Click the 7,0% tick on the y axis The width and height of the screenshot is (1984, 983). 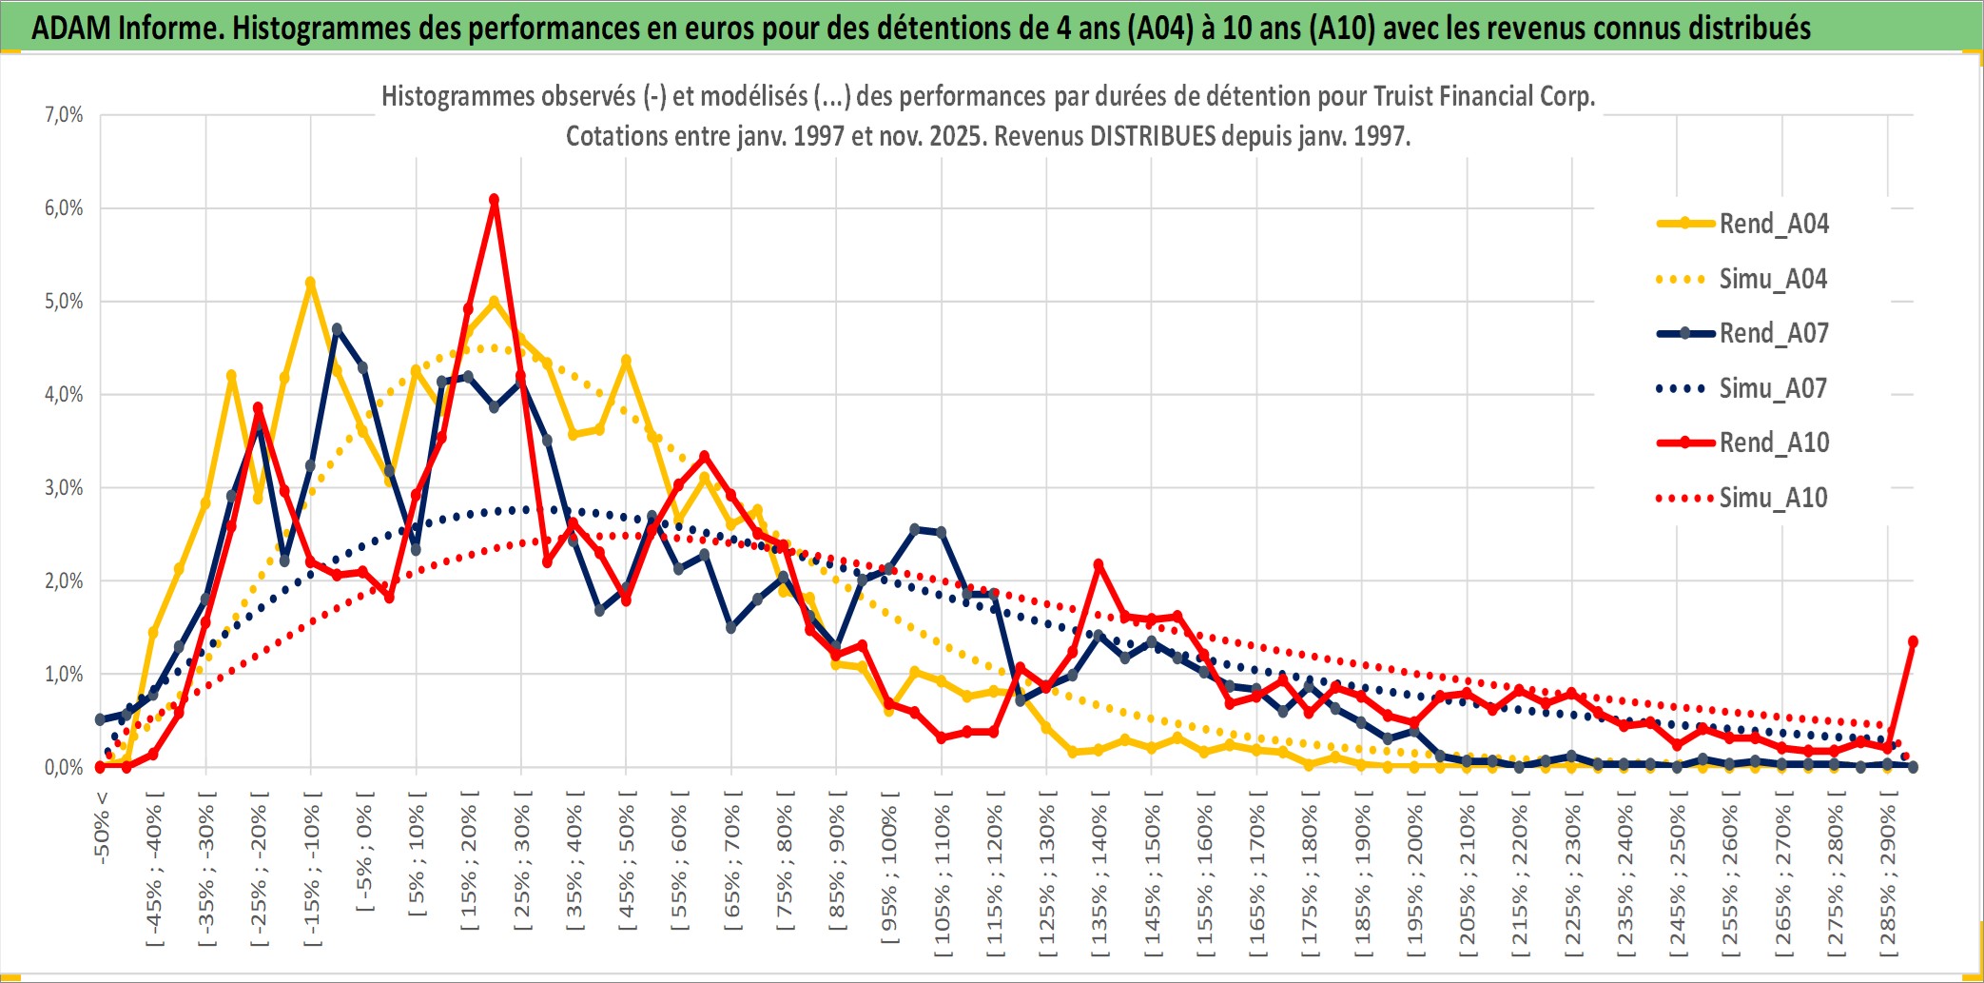[x=64, y=115]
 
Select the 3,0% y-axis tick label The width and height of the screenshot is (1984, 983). [x=64, y=488]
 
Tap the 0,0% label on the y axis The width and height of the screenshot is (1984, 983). [x=64, y=768]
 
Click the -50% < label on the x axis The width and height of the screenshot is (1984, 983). [x=102, y=828]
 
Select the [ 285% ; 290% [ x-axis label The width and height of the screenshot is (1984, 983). [x=1888, y=880]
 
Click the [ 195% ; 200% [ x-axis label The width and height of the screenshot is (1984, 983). [x=1415, y=880]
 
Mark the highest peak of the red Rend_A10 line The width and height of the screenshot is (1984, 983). [x=494, y=200]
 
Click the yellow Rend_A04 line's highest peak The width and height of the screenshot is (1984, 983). [x=310, y=283]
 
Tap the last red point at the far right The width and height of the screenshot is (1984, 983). [x=1913, y=641]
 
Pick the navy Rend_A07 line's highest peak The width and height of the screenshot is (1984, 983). [x=337, y=329]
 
